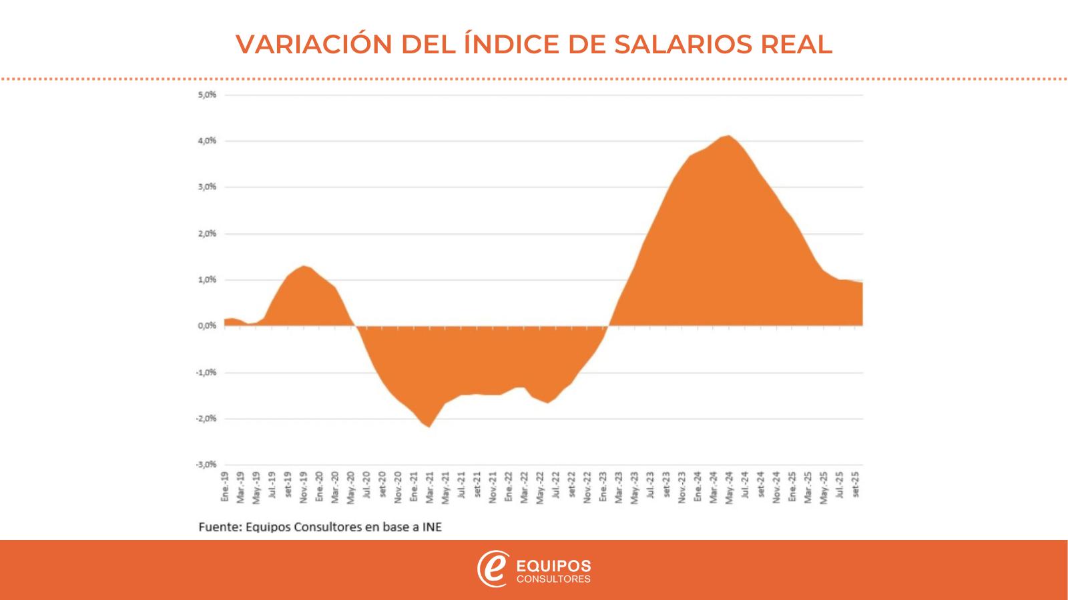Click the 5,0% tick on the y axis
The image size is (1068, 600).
[x=207, y=95]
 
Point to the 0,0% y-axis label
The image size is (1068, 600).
[x=207, y=326]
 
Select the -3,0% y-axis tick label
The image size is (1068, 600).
[x=206, y=464]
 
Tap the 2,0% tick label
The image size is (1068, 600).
[x=207, y=233]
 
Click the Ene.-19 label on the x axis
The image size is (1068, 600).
[x=225, y=486]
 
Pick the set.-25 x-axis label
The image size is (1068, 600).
[x=856, y=486]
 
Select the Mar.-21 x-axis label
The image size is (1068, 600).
[x=430, y=487]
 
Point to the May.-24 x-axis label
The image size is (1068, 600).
[x=730, y=487]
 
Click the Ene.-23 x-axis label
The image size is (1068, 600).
[x=603, y=486]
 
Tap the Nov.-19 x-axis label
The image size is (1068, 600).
[x=304, y=487]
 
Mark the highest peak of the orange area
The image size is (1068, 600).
[x=730, y=136]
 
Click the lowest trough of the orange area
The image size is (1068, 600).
[x=429, y=427]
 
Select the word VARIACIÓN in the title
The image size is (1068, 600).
[x=314, y=44]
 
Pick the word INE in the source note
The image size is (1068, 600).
[x=432, y=527]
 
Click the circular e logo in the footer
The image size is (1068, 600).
[x=493, y=569]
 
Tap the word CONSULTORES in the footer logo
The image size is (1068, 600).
[x=554, y=579]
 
